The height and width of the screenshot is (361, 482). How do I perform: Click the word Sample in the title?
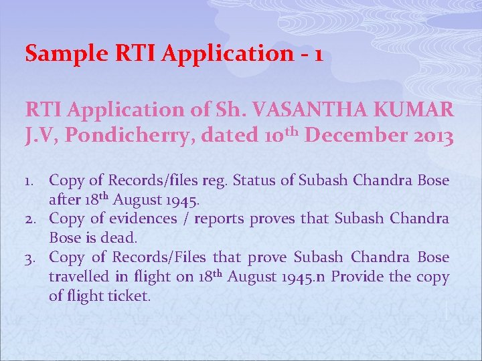56,53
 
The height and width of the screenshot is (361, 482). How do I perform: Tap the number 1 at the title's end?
317,53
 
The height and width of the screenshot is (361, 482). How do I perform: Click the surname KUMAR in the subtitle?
417,108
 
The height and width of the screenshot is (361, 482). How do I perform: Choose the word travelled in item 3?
78,277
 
